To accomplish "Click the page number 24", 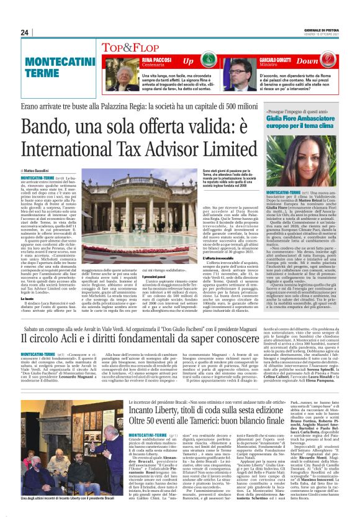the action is [25, 32].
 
